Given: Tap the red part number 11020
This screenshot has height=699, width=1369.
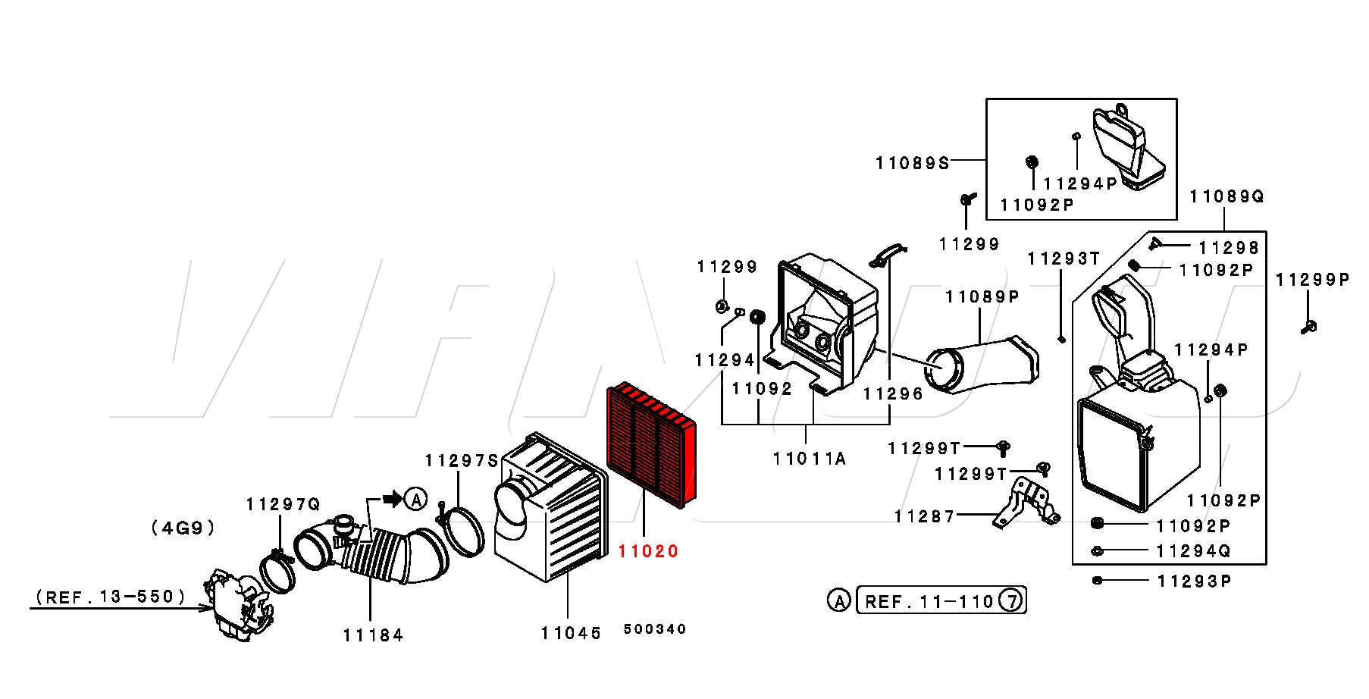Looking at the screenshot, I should (648, 551).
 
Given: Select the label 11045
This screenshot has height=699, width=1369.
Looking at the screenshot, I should (571, 632).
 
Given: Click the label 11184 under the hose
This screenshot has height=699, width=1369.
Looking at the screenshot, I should (373, 635).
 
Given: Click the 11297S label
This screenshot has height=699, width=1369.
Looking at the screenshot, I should (461, 460).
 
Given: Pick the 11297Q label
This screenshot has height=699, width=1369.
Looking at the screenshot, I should (283, 504).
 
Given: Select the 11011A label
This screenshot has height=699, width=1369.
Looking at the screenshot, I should (809, 458).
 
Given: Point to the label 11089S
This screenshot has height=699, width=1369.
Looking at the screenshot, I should (912, 162).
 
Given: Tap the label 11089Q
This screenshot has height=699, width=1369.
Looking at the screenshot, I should (1226, 196).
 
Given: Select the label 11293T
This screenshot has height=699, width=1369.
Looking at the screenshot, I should (1063, 259).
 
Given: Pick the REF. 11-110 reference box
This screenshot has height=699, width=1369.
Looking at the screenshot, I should (929, 602).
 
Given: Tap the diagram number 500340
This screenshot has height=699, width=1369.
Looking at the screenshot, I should (654, 628).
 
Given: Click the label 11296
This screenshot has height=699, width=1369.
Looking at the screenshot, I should (893, 393).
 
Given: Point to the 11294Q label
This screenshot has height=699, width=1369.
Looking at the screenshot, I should (1192, 551).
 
